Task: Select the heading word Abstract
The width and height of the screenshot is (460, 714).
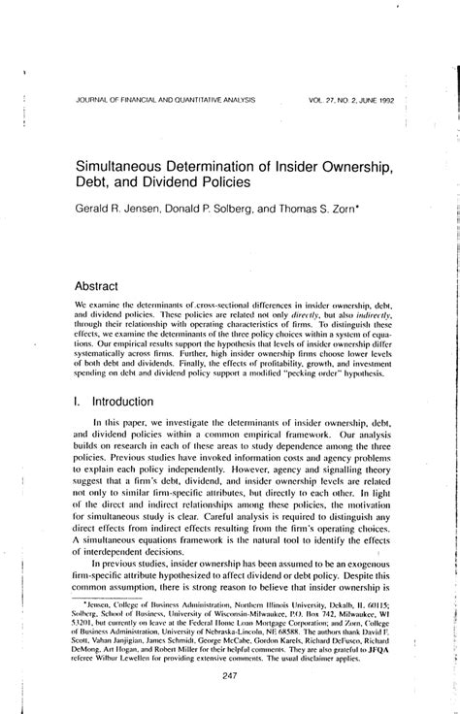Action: tap(100, 286)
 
